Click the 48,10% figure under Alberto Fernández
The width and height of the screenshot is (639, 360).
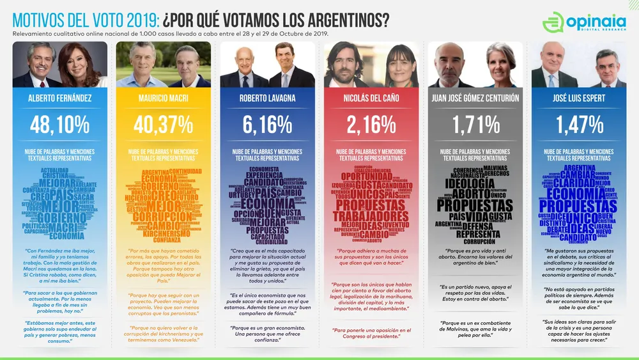(60, 124)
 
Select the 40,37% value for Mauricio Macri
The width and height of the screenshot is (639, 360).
(164, 124)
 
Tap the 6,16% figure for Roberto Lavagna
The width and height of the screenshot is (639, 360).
(267, 124)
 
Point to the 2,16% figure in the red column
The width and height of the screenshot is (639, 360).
(371, 124)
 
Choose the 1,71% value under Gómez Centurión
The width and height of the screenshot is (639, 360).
(475, 124)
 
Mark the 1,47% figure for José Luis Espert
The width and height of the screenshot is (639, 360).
(579, 124)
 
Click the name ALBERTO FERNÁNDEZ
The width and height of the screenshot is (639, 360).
(60, 98)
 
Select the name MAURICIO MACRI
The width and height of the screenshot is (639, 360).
(164, 98)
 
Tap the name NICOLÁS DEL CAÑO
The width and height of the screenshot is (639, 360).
(371, 98)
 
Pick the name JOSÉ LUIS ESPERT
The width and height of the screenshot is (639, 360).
(579, 98)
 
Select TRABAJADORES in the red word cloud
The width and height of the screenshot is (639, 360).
(371, 215)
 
